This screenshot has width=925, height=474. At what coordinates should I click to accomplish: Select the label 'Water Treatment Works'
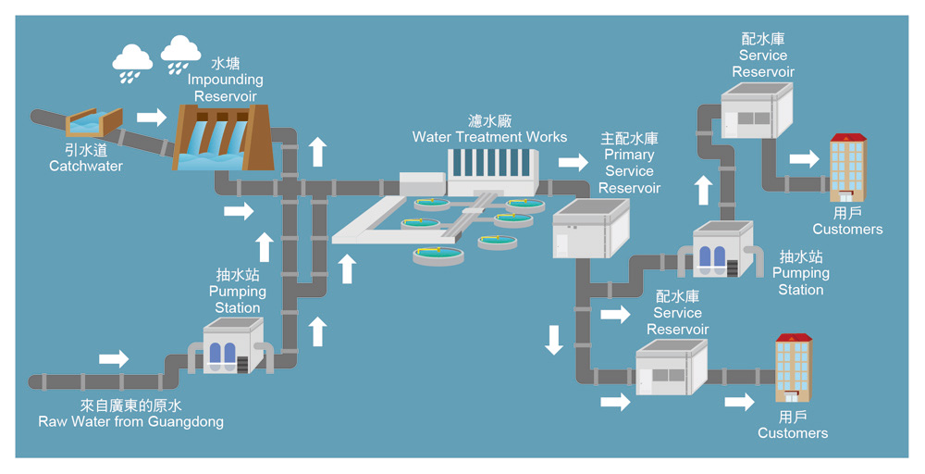(489, 137)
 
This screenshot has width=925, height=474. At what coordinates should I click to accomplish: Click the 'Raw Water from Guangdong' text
(130, 422)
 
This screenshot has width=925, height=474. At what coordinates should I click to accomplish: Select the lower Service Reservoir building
(672, 368)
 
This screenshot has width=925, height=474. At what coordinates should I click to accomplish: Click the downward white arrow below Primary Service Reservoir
(554, 339)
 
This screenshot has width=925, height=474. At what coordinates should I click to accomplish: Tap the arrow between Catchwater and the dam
(152, 118)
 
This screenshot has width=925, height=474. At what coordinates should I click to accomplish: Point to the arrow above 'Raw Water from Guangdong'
(114, 358)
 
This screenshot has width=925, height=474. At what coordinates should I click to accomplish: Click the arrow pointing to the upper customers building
(804, 158)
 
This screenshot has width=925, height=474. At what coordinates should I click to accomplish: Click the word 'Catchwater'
(86, 167)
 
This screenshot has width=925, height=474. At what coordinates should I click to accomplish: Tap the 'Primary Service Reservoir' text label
(629, 163)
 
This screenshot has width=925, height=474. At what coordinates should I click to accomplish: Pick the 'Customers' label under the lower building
(793, 433)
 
